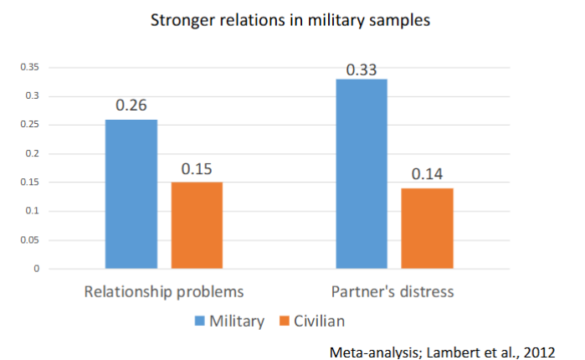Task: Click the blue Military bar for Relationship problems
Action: pos(131,194)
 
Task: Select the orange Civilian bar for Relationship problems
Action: pos(198,225)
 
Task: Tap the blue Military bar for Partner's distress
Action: pos(362,173)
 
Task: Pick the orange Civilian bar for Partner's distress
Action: pos(428,228)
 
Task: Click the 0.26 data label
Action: pos(131,107)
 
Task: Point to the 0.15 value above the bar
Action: pos(198,169)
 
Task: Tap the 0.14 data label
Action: pos(428,175)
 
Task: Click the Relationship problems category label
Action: pos(164,292)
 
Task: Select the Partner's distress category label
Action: pos(394,292)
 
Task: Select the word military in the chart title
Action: pos(331,20)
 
